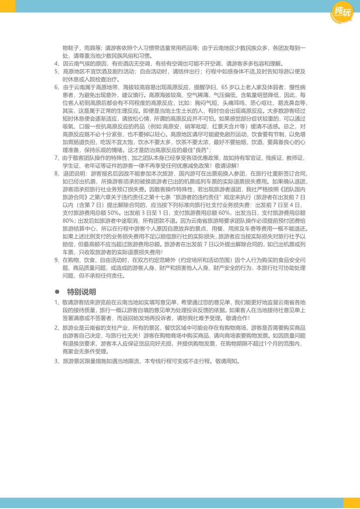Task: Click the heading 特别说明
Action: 81,291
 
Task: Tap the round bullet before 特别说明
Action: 57,292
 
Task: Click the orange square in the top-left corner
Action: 7,6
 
